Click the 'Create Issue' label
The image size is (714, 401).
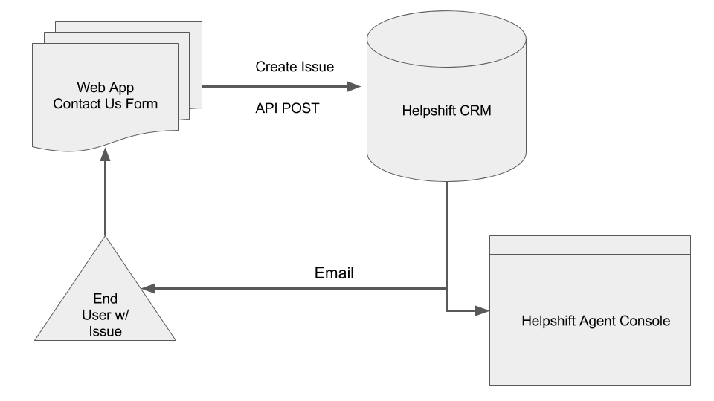pos(295,67)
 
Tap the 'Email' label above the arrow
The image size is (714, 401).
pos(334,273)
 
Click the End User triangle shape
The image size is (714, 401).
pos(105,304)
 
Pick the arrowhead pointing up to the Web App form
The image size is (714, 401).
pos(105,153)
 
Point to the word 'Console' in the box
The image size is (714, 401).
pos(651,322)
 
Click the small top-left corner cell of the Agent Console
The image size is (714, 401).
pos(503,244)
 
